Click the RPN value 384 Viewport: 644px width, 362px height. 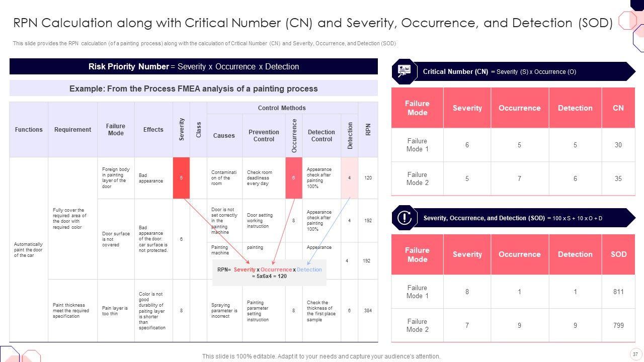[x=368, y=311]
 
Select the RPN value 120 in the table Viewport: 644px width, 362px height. [x=368, y=178]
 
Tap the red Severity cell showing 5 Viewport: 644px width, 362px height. [x=181, y=178]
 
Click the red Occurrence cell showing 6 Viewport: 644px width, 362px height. [x=294, y=178]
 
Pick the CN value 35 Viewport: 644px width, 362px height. [x=618, y=178]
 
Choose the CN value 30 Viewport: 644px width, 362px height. [x=618, y=145]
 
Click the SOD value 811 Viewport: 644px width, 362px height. [x=618, y=292]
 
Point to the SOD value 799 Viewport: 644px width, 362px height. [x=618, y=325]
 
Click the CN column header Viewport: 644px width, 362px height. [x=618, y=108]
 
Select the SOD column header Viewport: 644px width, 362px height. [x=618, y=254]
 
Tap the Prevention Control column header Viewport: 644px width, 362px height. [x=264, y=136]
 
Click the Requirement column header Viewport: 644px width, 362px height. [x=72, y=130]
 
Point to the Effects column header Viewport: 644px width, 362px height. [x=153, y=130]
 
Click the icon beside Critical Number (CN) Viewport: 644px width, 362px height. [x=404, y=71]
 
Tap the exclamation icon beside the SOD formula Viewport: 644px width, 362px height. [x=404, y=218]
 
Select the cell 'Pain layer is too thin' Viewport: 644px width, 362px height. [x=115, y=311]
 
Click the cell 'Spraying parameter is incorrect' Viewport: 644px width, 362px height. [x=224, y=311]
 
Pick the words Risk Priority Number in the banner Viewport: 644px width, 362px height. [x=128, y=66]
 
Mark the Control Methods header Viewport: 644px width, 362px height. [x=282, y=108]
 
